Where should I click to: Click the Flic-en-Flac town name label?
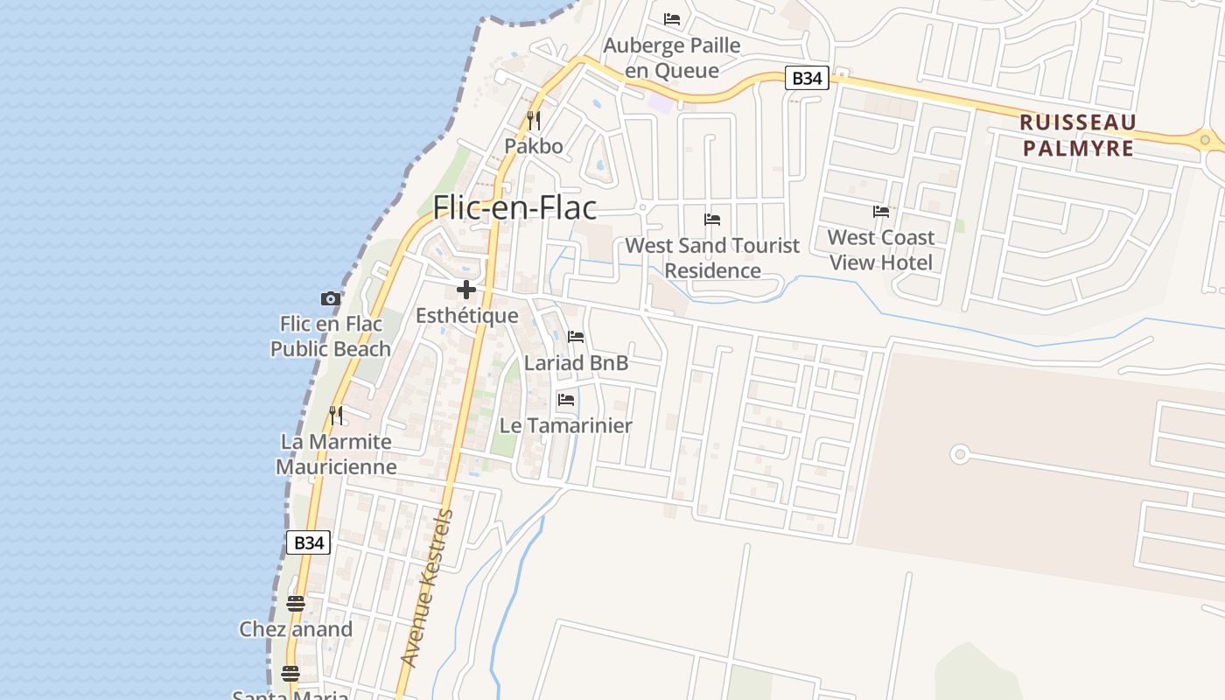tap(515, 207)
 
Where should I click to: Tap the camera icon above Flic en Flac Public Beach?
tap(330, 298)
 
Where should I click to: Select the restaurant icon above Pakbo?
tap(534, 120)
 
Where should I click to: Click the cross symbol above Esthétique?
tap(466, 290)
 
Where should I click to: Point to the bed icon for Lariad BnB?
tap(576, 336)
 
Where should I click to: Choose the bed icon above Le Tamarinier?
tap(566, 400)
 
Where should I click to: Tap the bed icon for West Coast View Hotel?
tap(881, 212)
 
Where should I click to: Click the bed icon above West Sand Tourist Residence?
tap(712, 220)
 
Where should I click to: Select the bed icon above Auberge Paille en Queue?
tap(672, 18)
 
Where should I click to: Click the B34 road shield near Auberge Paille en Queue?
tap(806, 78)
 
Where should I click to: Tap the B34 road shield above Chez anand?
tap(308, 542)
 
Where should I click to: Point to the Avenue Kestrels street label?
tap(428, 588)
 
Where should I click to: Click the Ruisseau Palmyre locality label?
tap(1078, 135)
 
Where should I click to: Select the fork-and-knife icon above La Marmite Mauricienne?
tap(336, 415)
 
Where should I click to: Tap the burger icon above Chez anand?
tap(296, 604)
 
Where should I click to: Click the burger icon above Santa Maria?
tap(290, 673)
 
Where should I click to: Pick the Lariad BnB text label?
tap(576, 362)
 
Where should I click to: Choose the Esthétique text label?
tap(466, 315)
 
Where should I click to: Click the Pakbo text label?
tap(534, 145)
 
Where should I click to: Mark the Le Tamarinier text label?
tap(566, 425)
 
